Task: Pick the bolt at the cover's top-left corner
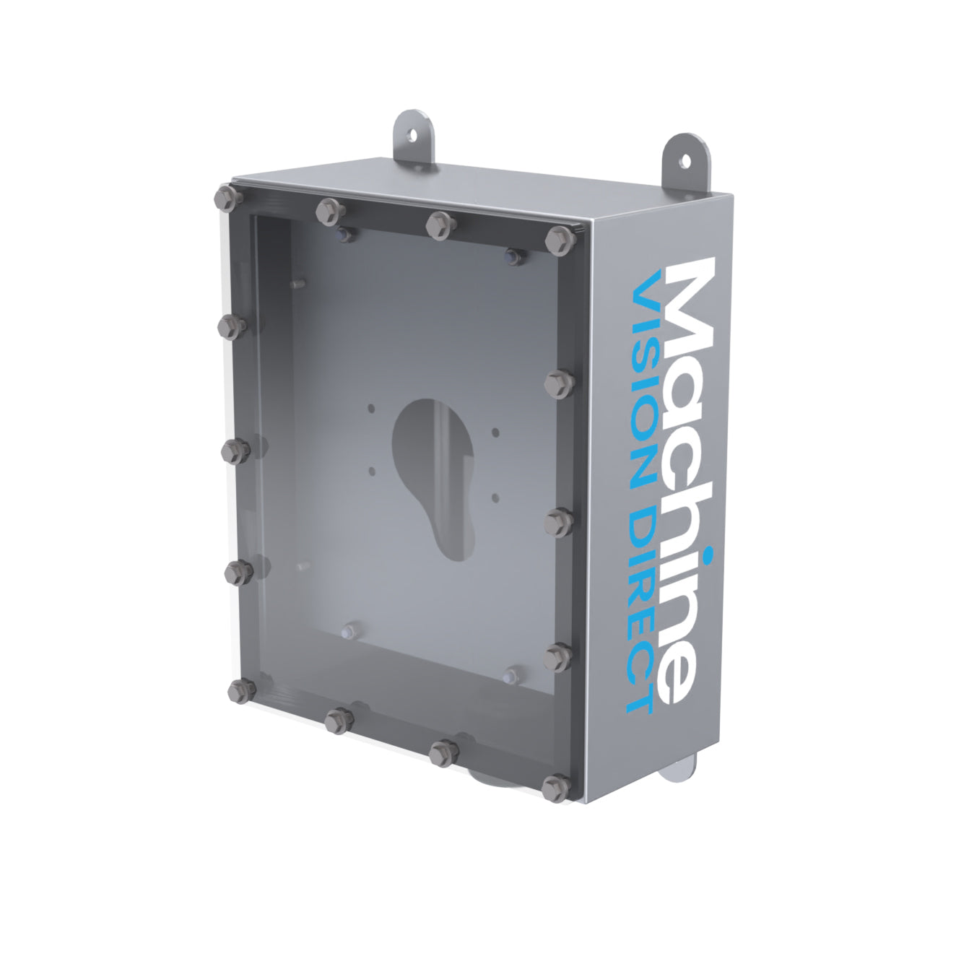pyautogui.click(x=226, y=196)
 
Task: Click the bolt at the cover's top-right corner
pyautogui.click(x=558, y=238)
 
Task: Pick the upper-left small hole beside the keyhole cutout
pyautogui.click(x=371, y=409)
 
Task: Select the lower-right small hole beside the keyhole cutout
pyautogui.click(x=495, y=496)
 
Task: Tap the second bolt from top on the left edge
pyautogui.click(x=232, y=326)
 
